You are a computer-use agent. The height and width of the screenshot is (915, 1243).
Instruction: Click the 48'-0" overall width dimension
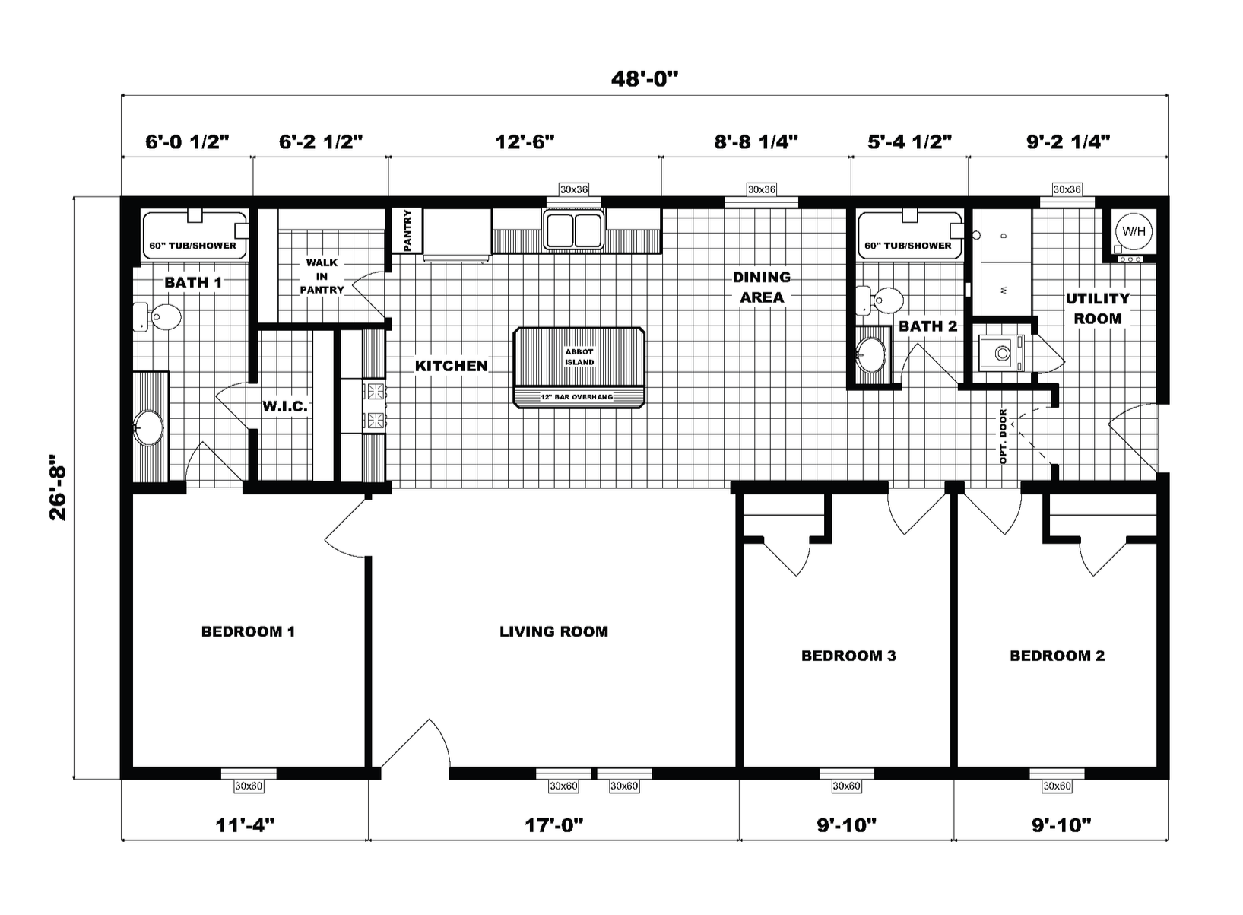click(644, 79)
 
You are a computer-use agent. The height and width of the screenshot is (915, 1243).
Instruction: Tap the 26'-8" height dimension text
click(58, 488)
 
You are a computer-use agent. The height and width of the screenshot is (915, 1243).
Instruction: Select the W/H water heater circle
click(1133, 231)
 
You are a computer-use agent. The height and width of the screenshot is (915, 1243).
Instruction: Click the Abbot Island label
click(579, 357)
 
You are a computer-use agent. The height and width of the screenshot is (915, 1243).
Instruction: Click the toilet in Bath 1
click(157, 317)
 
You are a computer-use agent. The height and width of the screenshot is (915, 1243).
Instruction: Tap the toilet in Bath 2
click(880, 300)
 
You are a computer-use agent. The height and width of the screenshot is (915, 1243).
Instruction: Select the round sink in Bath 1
click(148, 427)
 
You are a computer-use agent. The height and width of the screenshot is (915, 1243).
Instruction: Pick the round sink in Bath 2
click(871, 354)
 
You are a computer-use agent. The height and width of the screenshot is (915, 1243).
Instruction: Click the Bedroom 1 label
click(248, 631)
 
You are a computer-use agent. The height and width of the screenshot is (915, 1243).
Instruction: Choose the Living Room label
click(553, 631)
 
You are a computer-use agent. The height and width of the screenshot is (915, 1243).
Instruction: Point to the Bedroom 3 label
click(848, 656)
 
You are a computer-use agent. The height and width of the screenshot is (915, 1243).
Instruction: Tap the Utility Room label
click(1098, 309)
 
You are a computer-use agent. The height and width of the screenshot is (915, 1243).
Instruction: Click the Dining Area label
click(762, 287)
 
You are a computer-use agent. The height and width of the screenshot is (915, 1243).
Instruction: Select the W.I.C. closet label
click(284, 406)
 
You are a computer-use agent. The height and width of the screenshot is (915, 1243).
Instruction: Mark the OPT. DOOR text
click(1003, 437)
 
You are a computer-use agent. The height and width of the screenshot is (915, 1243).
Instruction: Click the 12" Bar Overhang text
click(577, 397)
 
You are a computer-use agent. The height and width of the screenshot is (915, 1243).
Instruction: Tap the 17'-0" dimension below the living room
click(553, 825)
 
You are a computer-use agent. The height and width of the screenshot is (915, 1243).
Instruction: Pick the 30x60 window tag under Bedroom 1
click(249, 786)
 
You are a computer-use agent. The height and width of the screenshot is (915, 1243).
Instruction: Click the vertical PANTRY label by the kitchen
click(407, 230)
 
